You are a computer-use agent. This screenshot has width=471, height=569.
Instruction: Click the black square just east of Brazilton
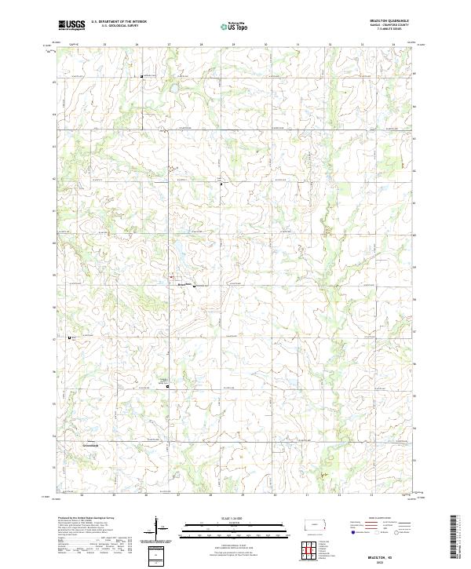[x=194, y=286]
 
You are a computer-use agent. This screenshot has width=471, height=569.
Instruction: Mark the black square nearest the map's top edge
[x=141, y=76]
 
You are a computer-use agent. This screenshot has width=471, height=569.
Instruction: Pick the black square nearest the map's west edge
[x=70, y=338]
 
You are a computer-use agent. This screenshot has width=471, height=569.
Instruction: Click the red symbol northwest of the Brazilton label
[x=171, y=276]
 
